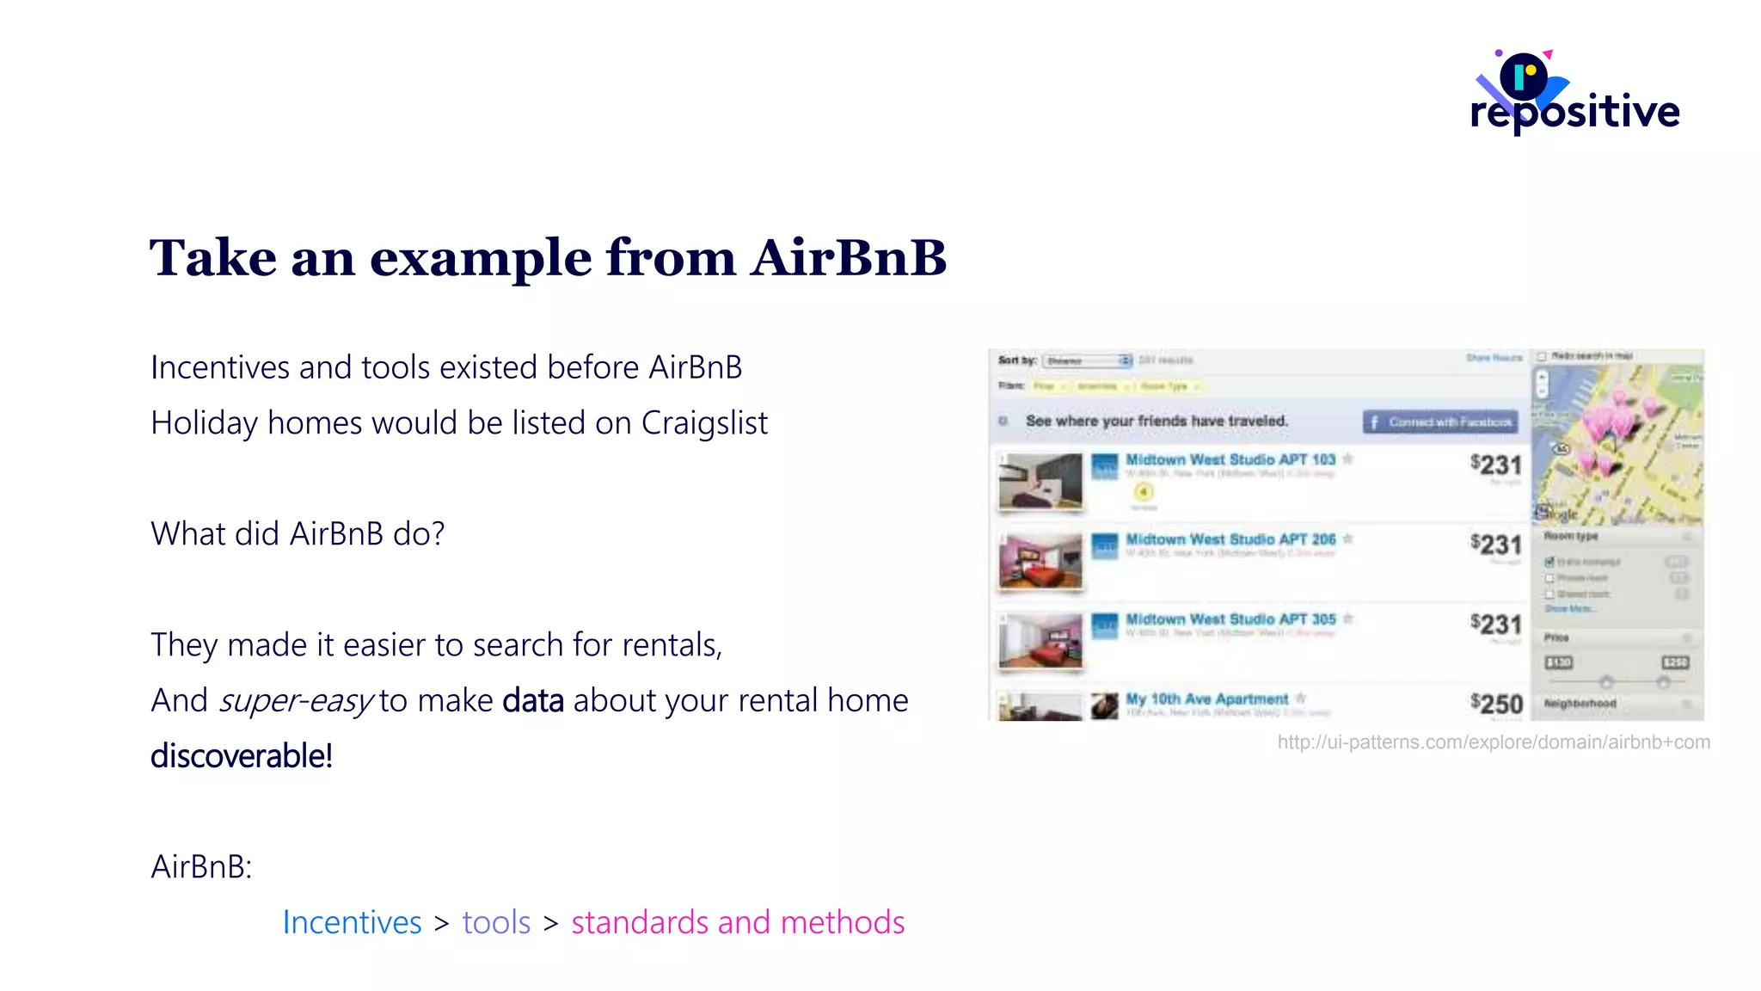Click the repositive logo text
(x=1574, y=112)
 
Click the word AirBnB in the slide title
(x=848, y=257)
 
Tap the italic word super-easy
(x=296, y=701)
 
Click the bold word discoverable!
(x=242, y=756)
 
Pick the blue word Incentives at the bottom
(x=352, y=922)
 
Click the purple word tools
(x=496, y=922)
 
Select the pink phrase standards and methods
(x=738, y=922)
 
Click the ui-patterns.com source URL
(x=1494, y=742)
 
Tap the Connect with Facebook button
(x=1440, y=422)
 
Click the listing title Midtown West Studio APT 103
(x=1230, y=460)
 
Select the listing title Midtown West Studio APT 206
(x=1230, y=539)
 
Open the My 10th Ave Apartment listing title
(x=1207, y=699)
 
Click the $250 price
(x=1496, y=704)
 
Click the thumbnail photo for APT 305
(x=1040, y=641)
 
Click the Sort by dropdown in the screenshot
(x=1087, y=360)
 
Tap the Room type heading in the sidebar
(x=1571, y=536)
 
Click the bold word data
(x=533, y=701)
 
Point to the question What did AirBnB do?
(x=298, y=534)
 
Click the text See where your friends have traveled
(x=1157, y=422)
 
